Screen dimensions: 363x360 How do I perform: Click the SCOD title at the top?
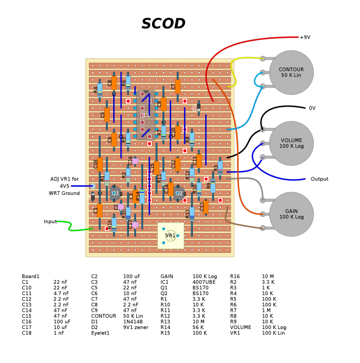(163, 24)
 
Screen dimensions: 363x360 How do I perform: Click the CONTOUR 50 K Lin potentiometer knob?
(291, 73)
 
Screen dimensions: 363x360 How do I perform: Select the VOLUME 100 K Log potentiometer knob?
(291, 143)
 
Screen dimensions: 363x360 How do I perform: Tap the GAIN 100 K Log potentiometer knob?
(291, 214)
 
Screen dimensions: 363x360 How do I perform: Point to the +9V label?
(305, 37)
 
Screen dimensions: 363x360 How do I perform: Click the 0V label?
(312, 108)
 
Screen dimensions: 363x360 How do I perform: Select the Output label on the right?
(319, 179)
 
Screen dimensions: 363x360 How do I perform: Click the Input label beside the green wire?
(50, 222)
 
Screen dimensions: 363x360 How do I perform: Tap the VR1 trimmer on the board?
(170, 236)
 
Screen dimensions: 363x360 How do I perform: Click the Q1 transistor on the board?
(115, 193)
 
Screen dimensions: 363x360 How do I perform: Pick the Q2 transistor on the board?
(178, 193)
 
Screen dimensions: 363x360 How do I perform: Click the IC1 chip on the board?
(146, 115)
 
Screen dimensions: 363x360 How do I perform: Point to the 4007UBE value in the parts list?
(204, 282)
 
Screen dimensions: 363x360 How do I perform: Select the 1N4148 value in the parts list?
(133, 322)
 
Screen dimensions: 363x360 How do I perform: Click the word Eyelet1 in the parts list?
(100, 333)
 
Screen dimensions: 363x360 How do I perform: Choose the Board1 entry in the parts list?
(30, 276)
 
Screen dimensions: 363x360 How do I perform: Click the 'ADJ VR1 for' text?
(64, 179)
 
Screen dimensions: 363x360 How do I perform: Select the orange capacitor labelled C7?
(178, 87)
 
